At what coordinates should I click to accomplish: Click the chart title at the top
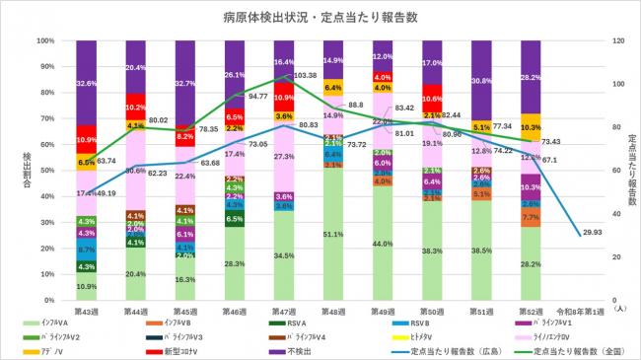pos(320,18)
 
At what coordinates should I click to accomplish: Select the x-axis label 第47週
pos(283,311)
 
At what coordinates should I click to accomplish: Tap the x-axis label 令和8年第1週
pos(582,311)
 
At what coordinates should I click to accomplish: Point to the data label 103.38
pos(305,75)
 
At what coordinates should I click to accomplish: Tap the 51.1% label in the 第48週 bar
pos(332,235)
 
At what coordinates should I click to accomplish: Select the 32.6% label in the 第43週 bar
pos(87,84)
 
